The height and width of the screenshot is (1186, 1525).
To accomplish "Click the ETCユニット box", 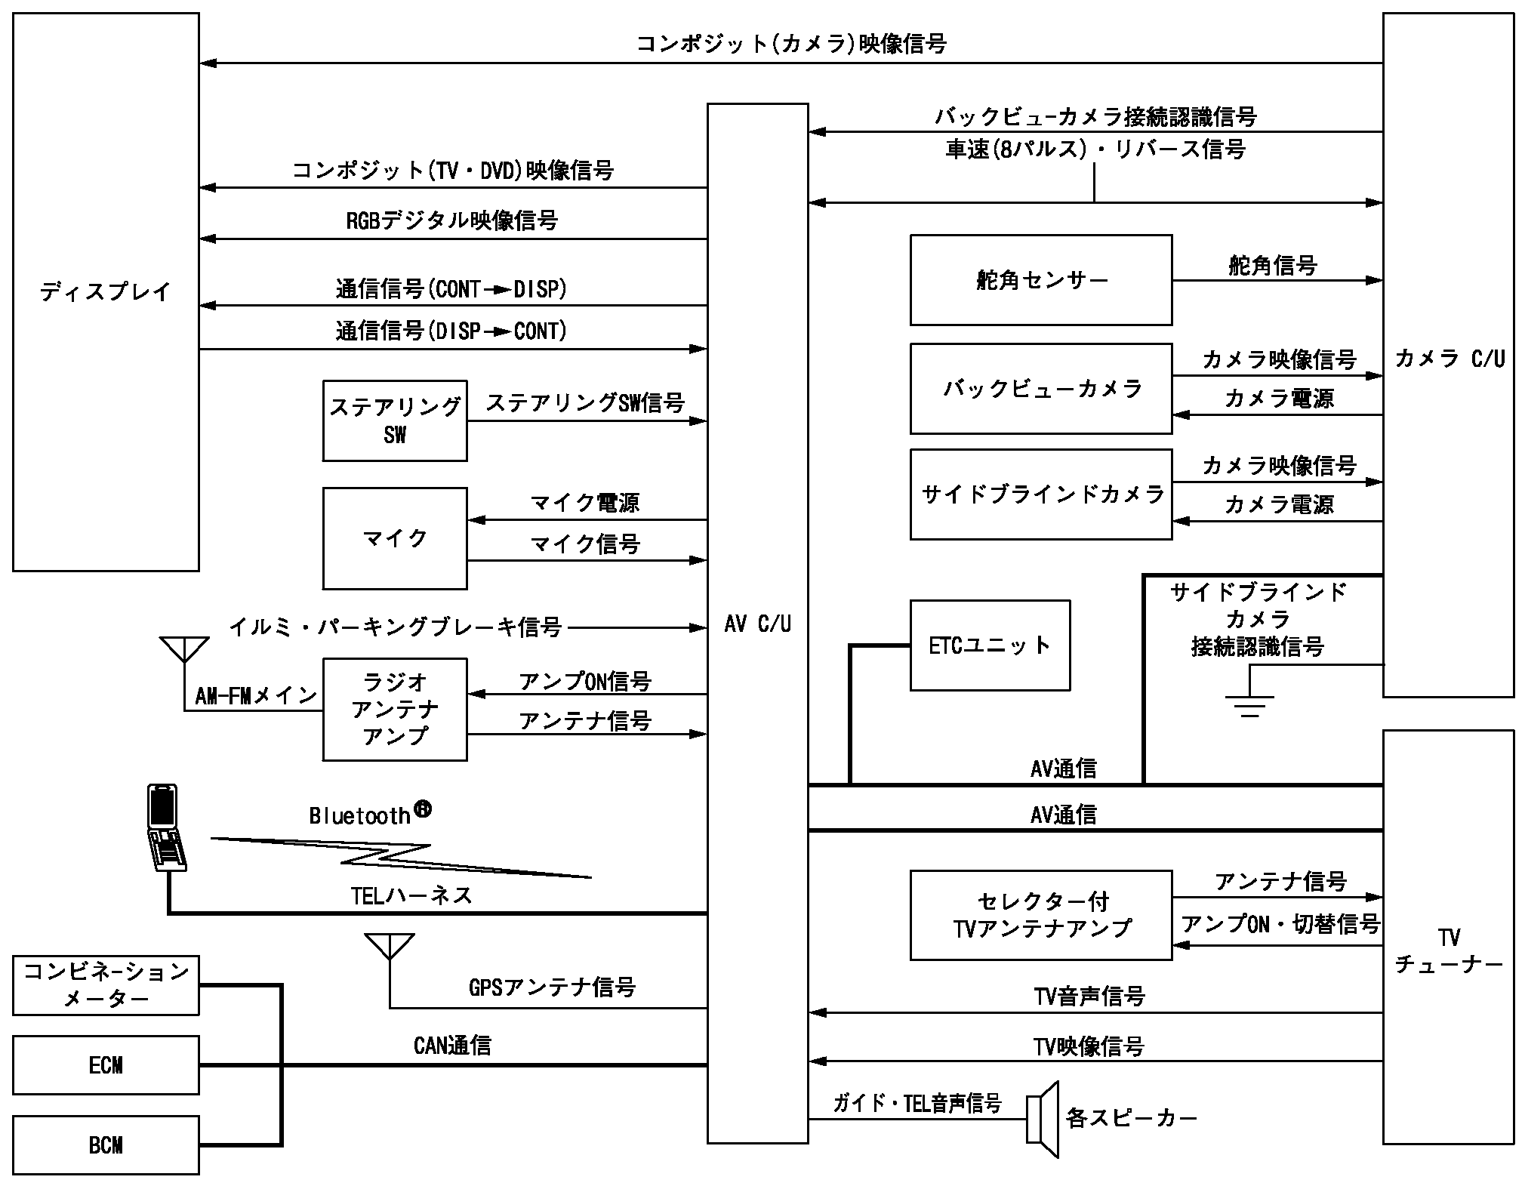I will [990, 645].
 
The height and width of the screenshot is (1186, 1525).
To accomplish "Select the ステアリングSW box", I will [395, 420].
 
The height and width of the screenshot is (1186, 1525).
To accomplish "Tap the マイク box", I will [395, 538].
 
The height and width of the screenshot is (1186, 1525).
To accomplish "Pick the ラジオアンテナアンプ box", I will [395, 710].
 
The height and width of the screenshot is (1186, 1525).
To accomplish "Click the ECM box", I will [106, 1065].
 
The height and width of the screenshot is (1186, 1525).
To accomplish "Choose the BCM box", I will [106, 1145].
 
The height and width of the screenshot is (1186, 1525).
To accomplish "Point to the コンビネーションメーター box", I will [106, 985].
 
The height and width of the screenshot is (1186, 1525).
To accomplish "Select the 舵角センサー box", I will [1041, 280].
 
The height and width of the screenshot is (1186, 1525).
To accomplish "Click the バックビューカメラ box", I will [1041, 389].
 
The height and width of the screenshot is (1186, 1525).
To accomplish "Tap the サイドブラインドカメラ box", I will [1041, 494].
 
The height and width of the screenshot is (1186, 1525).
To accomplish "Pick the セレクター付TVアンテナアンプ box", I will [1041, 915].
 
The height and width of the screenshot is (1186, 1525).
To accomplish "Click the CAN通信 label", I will [452, 1046].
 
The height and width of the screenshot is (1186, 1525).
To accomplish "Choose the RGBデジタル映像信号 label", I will [451, 220].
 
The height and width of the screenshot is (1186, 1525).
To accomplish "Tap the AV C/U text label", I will [757, 624].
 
